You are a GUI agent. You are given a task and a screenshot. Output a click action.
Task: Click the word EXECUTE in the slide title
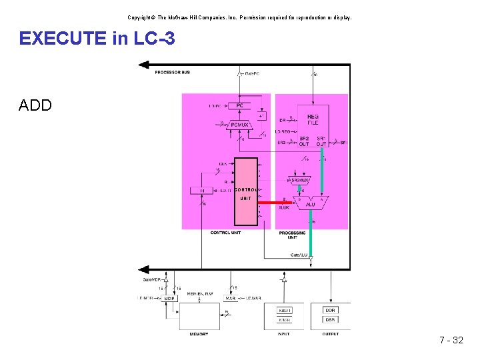(63, 39)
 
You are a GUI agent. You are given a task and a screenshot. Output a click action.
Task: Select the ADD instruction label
(35, 105)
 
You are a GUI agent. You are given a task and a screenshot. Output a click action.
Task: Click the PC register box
(239, 105)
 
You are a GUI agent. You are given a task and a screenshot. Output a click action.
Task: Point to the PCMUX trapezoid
(239, 124)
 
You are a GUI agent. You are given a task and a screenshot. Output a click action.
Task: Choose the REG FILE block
(313, 119)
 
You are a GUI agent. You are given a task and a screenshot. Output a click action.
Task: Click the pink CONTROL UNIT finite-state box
(246, 192)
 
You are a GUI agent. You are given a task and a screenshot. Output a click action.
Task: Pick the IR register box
(202, 191)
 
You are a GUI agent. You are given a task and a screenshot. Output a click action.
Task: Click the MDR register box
(169, 299)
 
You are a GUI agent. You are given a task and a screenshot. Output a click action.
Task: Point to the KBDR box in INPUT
(285, 310)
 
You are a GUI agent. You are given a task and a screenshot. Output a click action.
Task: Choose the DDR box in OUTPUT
(330, 310)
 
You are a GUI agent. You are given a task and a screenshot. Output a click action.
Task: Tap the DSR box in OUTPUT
(330, 319)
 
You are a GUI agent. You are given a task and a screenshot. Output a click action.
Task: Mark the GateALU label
(299, 254)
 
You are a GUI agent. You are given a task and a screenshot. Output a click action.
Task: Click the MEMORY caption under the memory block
(199, 334)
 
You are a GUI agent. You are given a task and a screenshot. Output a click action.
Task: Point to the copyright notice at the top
(239, 17)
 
